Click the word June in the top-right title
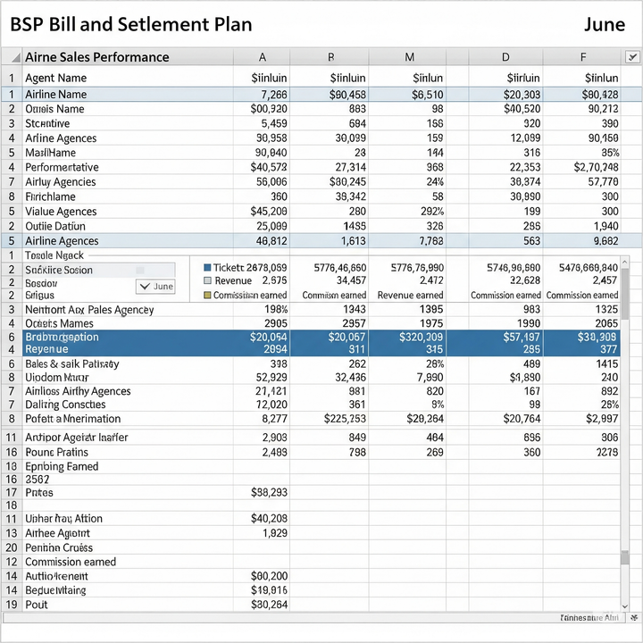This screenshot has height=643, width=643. (x=605, y=24)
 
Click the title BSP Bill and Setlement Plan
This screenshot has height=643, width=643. (x=130, y=24)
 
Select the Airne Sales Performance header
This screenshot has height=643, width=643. (x=96, y=57)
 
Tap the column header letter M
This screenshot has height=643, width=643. (x=410, y=57)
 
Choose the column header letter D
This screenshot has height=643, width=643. (x=505, y=57)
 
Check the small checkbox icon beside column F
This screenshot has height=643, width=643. (x=632, y=57)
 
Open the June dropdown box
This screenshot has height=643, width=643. (x=155, y=287)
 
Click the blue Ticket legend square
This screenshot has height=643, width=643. (x=208, y=268)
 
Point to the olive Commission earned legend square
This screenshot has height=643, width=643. (x=208, y=296)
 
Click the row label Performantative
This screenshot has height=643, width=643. (x=62, y=167)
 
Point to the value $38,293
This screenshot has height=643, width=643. (x=269, y=492)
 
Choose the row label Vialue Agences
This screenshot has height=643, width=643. (x=61, y=212)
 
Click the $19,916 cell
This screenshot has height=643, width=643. (x=269, y=590)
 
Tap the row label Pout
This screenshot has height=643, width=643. (x=37, y=605)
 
